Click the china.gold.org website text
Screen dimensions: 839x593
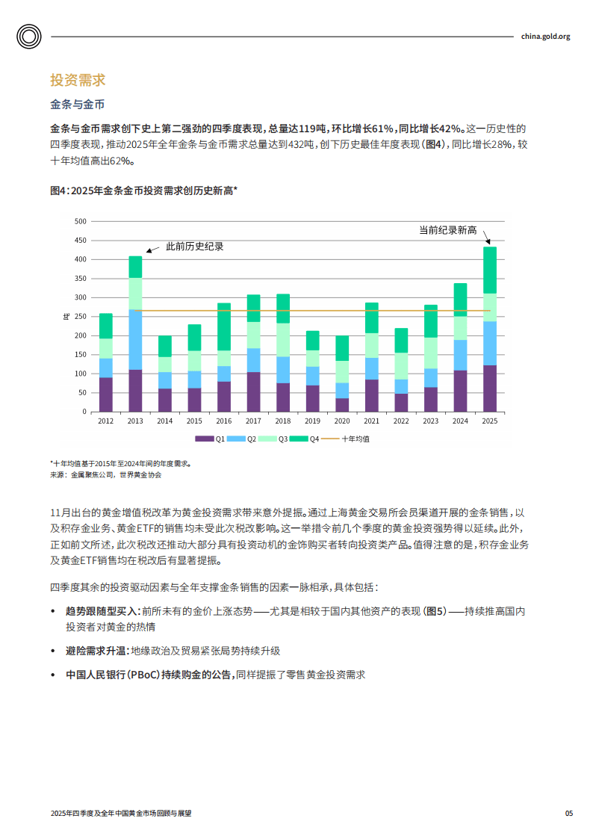coord(545,36)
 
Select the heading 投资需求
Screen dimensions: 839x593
coord(77,80)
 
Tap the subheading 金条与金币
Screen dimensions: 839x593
coord(77,104)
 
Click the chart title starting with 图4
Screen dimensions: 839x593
coord(143,191)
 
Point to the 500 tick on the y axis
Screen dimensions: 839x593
coord(81,221)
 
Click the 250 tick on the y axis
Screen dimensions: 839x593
coord(81,317)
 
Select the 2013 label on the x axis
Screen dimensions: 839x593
coord(135,421)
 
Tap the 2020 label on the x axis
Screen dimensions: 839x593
coord(342,421)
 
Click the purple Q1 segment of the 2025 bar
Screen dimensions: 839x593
coord(490,388)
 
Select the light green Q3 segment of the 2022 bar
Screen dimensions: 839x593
coord(401,366)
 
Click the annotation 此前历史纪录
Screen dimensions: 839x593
coord(194,247)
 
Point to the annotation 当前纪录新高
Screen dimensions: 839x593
coord(447,230)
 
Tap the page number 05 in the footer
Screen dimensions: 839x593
coord(568,813)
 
